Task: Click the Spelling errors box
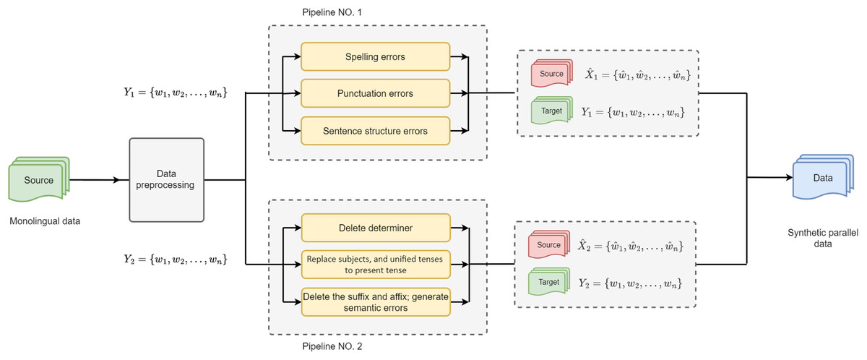coord(376,56)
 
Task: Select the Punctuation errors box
coord(376,93)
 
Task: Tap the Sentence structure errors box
coord(376,131)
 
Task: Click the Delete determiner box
coord(376,228)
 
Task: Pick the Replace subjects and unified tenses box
coord(376,265)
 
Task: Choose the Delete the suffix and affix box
coord(376,301)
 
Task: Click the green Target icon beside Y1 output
coord(551,113)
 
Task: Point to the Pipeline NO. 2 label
coord(333,347)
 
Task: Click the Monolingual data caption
coord(46,220)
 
